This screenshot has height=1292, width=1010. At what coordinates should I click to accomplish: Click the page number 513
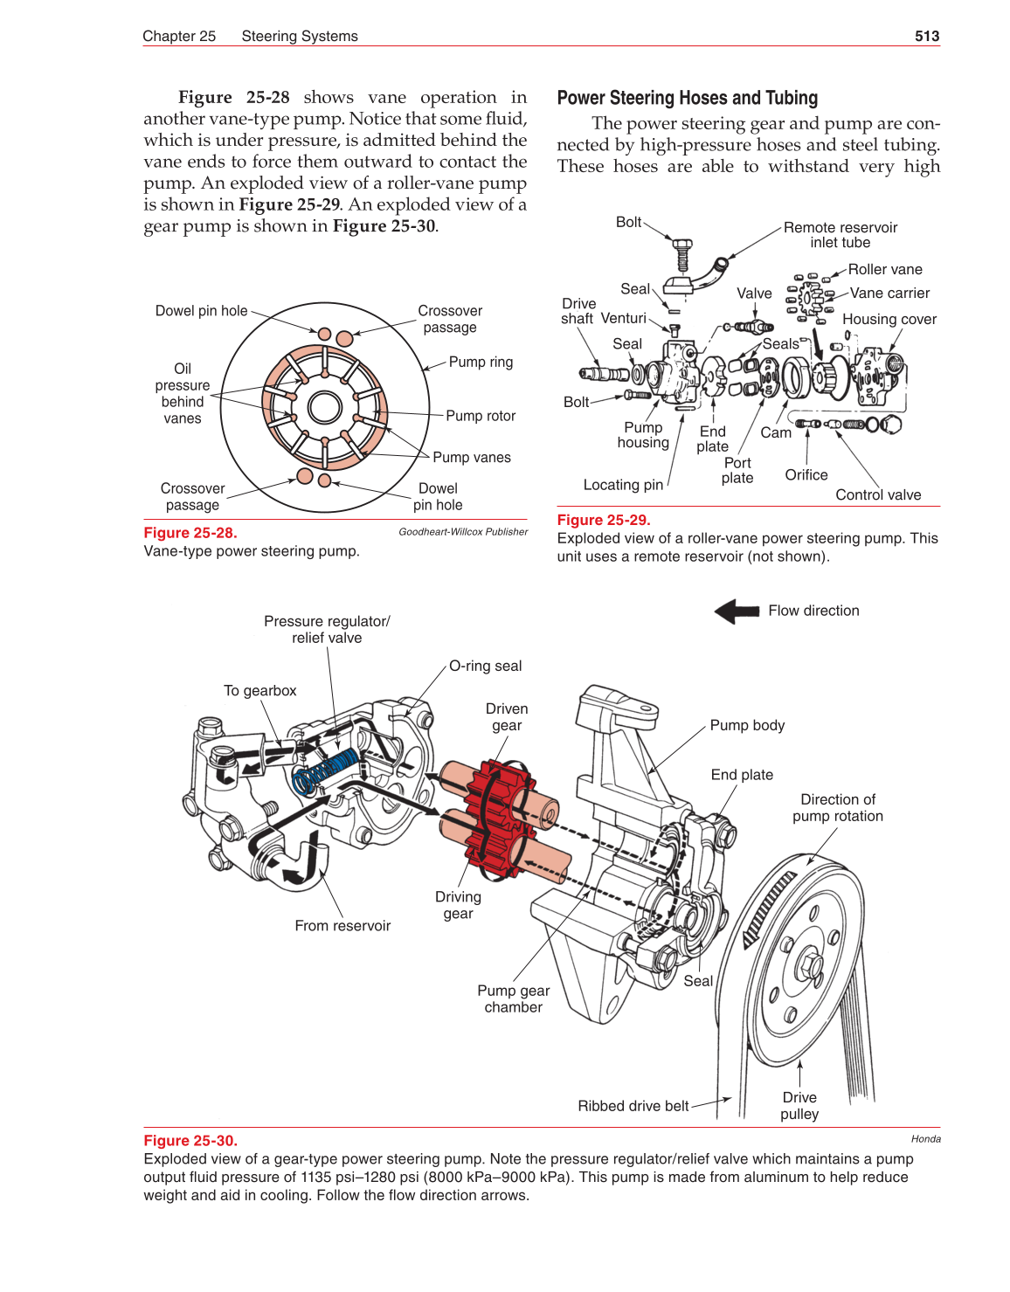coord(926,36)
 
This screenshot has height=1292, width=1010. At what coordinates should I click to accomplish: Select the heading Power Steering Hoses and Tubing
coord(687,98)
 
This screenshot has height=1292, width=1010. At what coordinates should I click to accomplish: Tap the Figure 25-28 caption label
coord(190,532)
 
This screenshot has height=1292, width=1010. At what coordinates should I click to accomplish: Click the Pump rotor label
coord(480,416)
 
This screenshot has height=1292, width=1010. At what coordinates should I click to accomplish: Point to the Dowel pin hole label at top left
coord(201,311)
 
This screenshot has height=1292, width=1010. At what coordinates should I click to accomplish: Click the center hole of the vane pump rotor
coord(325,407)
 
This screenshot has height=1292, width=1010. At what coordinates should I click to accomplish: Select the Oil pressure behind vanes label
coord(182,393)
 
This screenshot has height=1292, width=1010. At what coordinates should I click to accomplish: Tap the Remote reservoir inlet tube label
coord(840,235)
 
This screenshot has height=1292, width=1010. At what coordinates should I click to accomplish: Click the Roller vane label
coord(884,270)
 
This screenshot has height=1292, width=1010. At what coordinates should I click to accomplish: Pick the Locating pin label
coord(623,485)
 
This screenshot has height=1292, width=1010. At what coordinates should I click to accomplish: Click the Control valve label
coord(877,494)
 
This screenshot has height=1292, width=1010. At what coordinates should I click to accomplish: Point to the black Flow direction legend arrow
coord(737,611)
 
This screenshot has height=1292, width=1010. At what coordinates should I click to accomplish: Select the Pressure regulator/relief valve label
coord(327,629)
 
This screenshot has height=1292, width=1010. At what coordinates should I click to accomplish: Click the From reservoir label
coord(342,925)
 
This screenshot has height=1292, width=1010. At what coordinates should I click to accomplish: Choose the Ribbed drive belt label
coord(633,1106)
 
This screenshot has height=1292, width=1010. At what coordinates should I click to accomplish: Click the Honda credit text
coord(925,1138)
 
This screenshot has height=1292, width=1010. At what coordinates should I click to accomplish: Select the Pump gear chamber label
coord(513,998)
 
